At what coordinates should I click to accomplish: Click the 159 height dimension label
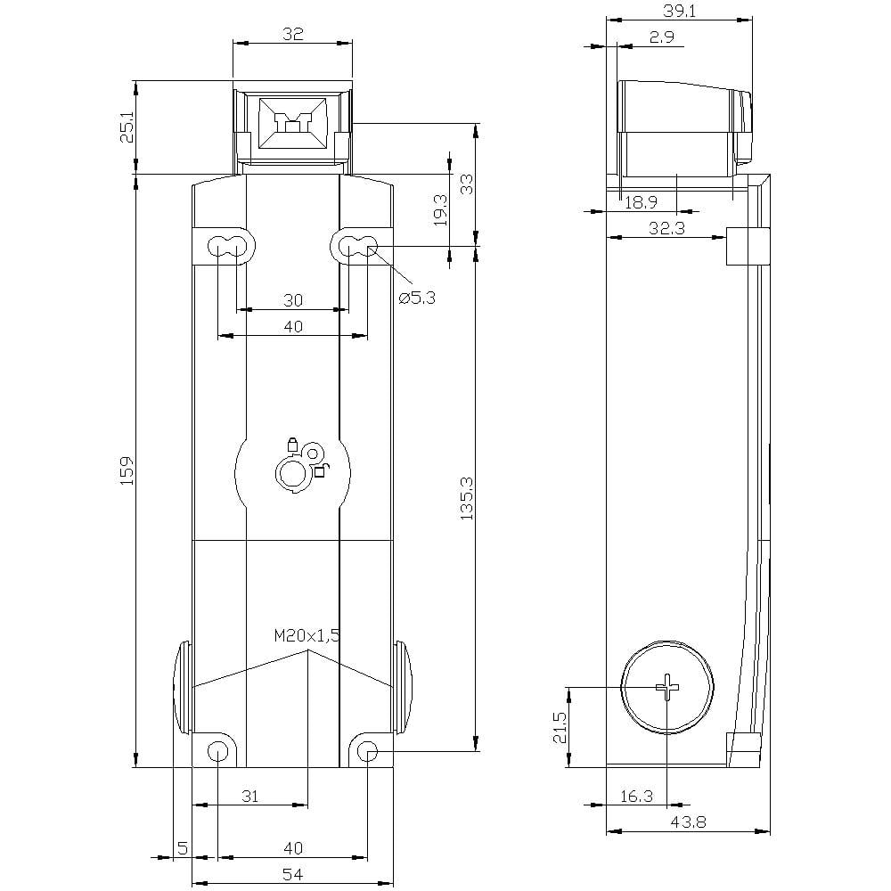tap(127, 470)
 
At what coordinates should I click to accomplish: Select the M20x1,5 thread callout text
tap(307, 636)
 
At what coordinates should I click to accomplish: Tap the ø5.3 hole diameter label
tap(417, 298)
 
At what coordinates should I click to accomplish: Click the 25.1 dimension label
tap(127, 127)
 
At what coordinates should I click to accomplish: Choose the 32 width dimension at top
tap(292, 34)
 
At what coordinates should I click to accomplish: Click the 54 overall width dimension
tap(292, 874)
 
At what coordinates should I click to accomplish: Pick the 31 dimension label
tap(250, 796)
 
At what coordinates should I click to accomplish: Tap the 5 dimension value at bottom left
tap(183, 848)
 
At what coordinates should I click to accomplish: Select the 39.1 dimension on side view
tap(680, 11)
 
